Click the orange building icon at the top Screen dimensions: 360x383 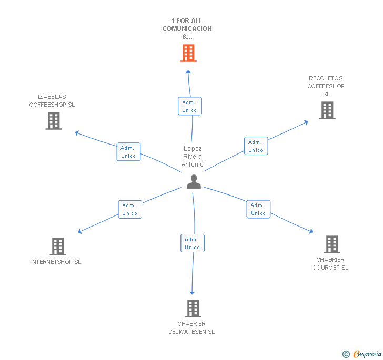(x=188, y=53)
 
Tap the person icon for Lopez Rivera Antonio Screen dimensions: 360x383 (x=194, y=182)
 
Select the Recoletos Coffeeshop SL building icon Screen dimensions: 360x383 (x=327, y=110)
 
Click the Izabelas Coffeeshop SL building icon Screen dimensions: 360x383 (x=53, y=121)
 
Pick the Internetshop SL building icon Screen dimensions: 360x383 (x=57, y=246)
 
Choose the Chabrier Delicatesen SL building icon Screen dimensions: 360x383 (x=193, y=308)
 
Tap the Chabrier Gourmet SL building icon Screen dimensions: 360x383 (x=331, y=244)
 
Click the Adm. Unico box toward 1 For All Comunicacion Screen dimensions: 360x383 (x=189, y=106)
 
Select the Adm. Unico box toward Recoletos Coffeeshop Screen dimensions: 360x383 (x=256, y=146)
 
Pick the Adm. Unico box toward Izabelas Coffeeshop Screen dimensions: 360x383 (x=128, y=152)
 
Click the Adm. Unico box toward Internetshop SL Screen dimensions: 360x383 (x=129, y=209)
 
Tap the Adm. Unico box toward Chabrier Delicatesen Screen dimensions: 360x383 (x=193, y=243)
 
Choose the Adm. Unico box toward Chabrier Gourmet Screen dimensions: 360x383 (x=258, y=209)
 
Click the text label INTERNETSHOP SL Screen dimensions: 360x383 (x=56, y=262)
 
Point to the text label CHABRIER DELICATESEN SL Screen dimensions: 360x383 (x=191, y=327)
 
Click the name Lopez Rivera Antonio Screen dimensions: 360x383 (x=193, y=157)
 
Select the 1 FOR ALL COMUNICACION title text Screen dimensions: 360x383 (x=187, y=29)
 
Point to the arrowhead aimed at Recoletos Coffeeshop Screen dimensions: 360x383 (x=306, y=122)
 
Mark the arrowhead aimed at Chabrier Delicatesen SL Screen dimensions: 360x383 (x=192, y=292)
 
